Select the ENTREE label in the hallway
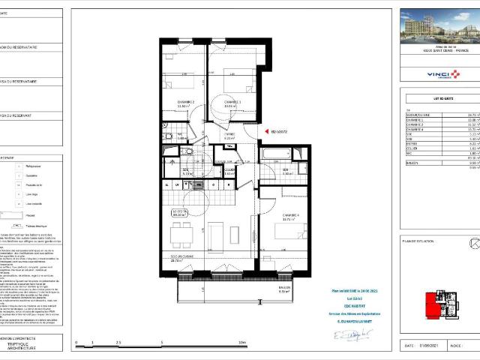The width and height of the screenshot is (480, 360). (229, 135)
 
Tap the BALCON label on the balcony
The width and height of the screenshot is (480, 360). (283, 289)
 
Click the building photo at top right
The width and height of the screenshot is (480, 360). (437, 28)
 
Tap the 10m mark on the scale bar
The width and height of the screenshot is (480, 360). (241, 343)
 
